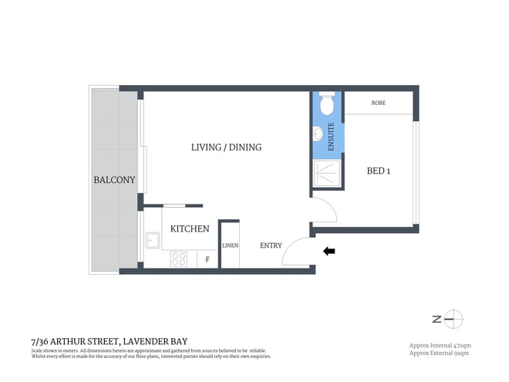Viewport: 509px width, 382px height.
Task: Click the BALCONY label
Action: pyautogui.click(x=114, y=180)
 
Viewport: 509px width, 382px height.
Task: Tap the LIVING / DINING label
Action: pyautogui.click(x=227, y=147)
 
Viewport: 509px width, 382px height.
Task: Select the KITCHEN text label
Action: pyautogui.click(x=190, y=228)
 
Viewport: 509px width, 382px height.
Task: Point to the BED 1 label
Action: pyautogui.click(x=378, y=171)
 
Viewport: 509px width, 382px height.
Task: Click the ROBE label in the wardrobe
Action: pyautogui.click(x=378, y=103)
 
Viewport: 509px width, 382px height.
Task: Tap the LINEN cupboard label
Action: pyautogui.click(x=230, y=245)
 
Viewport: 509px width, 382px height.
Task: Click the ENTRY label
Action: pyautogui.click(x=271, y=245)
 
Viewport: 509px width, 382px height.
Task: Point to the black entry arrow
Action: pyautogui.click(x=329, y=251)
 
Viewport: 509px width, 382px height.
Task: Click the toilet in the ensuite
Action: pyautogui.click(x=325, y=103)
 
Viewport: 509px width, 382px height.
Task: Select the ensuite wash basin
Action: pyautogui.click(x=319, y=134)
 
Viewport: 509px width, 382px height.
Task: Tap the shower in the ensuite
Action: pyautogui.click(x=327, y=174)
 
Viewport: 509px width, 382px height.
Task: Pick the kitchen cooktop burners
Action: pyautogui.click(x=180, y=258)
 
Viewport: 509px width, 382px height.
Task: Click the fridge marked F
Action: pyautogui.click(x=207, y=259)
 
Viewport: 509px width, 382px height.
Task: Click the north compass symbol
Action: pyautogui.click(x=453, y=318)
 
